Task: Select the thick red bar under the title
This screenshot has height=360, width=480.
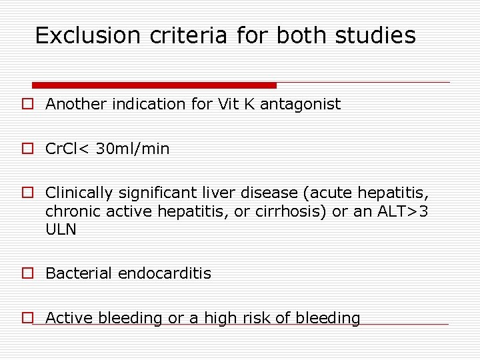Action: [154, 85]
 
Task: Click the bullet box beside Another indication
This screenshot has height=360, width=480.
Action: [27, 105]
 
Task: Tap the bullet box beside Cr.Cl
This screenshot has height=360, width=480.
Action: [27, 149]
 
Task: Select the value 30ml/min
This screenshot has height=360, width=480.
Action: [133, 149]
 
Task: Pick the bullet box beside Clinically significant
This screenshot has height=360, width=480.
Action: [27, 194]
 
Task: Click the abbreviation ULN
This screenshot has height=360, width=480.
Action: [61, 229]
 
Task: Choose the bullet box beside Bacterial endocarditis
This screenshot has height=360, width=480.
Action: [27, 274]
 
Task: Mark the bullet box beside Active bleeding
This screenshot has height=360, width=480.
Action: [27, 319]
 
